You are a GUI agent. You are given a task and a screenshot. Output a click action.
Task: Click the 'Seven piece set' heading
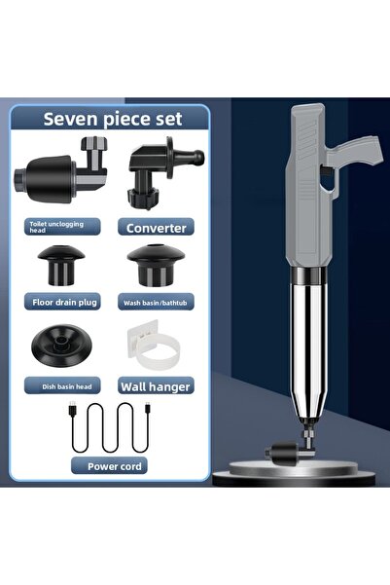[x=113, y=119]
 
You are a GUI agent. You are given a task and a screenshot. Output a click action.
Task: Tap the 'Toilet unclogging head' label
[x=56, y=227]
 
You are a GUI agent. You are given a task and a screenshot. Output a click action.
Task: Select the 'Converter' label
[x=157, y=228]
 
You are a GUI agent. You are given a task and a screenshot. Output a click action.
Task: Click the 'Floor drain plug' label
[x=64, y=302]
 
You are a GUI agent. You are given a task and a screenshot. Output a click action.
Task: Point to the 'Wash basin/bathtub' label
[x=155, y=303]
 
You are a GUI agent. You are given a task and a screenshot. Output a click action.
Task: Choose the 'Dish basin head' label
[x=67, y=386]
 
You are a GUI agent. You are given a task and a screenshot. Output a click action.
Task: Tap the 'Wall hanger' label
[x=156, y=386]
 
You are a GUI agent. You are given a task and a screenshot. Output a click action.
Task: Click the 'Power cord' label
[x=115, y=466]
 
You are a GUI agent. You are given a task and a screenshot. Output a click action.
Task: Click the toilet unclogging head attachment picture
[x=61, y=170]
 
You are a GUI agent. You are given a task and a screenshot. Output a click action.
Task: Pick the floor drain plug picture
[x=61, y=265]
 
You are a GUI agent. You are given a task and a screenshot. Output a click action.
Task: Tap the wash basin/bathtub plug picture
[x=156, y=266]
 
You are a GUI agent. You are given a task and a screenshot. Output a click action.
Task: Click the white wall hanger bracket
[x=158, y=345]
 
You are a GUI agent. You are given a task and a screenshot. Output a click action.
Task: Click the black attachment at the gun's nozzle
[x=283, y=453]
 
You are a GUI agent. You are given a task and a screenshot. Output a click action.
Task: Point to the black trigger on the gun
[x=327, y=172]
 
